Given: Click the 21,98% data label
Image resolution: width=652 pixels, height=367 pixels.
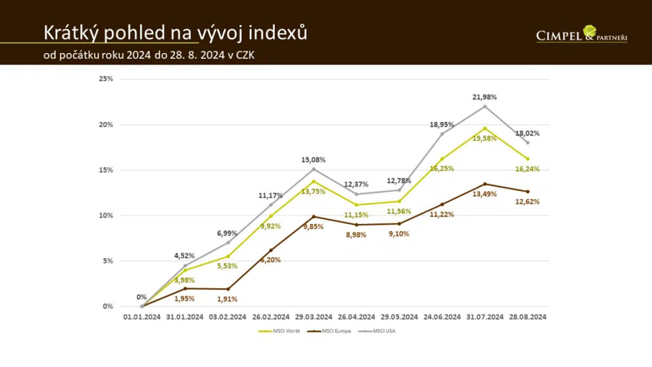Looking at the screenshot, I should point(484,97).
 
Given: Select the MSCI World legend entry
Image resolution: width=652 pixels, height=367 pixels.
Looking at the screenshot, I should point(279,331).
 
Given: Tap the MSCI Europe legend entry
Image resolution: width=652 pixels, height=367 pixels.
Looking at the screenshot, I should point(329,331).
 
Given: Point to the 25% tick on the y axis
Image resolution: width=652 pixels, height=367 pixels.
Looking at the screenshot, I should point(106,79).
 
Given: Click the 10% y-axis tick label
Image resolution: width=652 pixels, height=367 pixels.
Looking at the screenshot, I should point(106,215).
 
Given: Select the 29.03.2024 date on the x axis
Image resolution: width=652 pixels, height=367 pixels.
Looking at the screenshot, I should point(313,317).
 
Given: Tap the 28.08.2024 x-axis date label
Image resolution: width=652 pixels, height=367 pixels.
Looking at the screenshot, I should point(528,317).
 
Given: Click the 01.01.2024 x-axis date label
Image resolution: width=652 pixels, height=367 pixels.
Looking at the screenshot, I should point(142,317).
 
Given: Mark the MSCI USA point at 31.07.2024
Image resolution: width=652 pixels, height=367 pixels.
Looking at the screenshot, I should point(485,106).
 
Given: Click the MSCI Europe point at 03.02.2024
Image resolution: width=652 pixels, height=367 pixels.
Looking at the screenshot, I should point(228,289).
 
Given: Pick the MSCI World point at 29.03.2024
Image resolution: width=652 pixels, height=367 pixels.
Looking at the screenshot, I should point(313,181).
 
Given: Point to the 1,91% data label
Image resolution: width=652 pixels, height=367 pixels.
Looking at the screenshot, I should point(227,299).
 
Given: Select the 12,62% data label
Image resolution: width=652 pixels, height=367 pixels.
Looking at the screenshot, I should point(527,202).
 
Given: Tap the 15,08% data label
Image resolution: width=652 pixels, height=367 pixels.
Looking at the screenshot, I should point(313,160).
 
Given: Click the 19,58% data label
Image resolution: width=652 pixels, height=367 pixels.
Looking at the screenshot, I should point(484,138).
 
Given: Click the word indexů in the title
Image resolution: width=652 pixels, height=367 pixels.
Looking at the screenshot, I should point(277,33).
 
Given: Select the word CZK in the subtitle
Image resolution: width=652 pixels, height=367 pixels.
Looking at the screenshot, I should point(245,55).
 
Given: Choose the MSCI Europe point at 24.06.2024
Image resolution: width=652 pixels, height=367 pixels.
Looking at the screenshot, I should point(442,205).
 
